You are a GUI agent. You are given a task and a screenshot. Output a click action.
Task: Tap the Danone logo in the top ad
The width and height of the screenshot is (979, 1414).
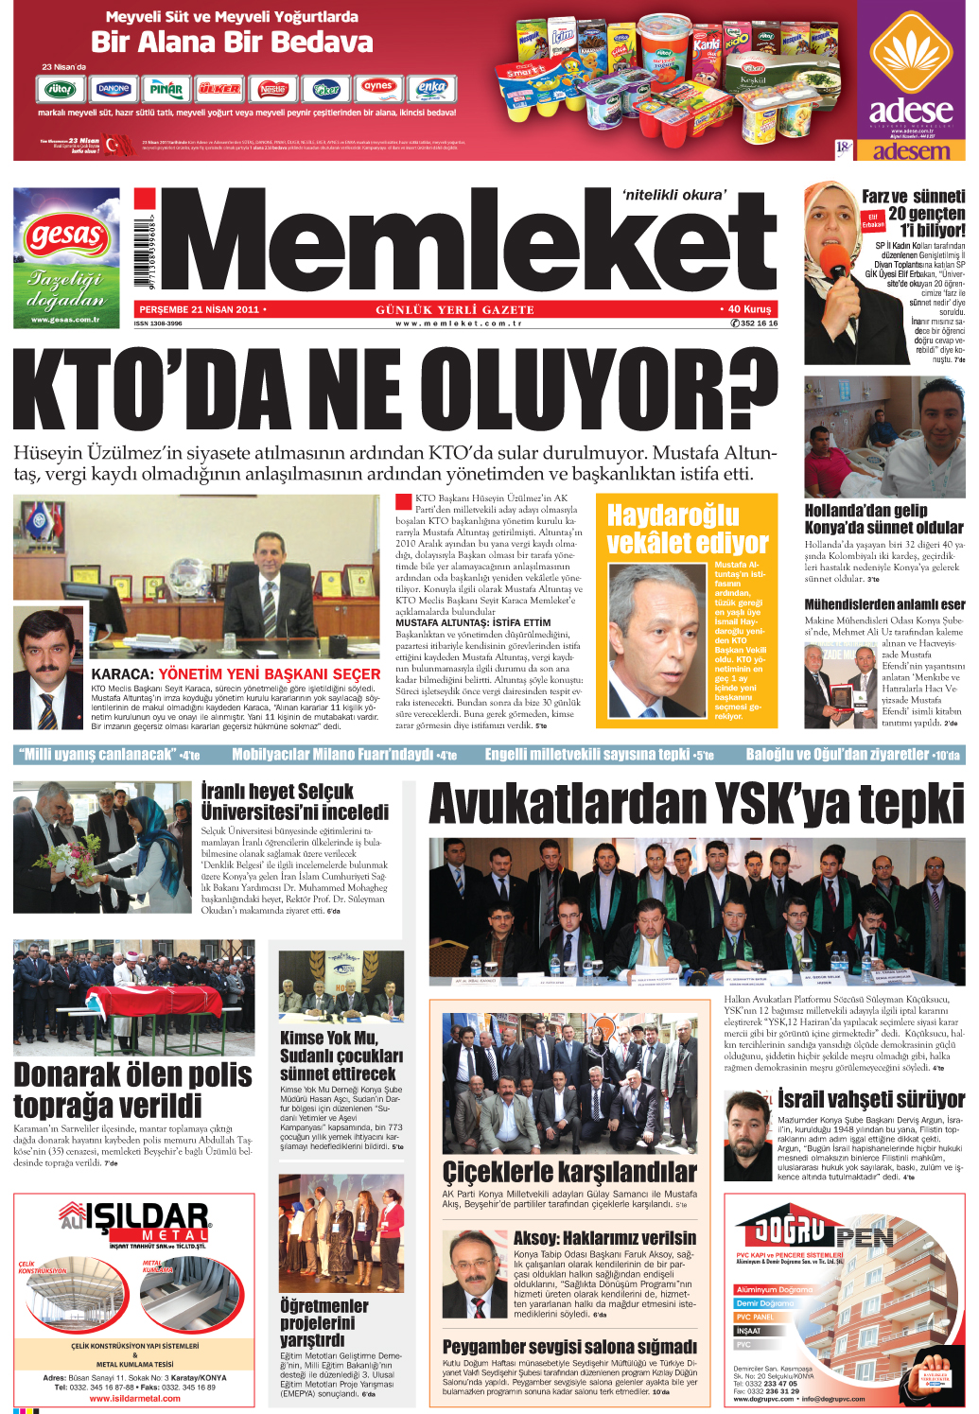click(114, 89)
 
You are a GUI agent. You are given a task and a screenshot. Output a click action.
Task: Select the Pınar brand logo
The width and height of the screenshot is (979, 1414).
click(166, 89)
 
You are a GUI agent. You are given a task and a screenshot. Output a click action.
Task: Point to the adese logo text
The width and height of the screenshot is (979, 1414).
click(911, 110)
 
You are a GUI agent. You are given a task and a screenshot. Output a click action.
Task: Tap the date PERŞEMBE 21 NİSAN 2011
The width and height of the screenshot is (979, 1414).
click(199, 309)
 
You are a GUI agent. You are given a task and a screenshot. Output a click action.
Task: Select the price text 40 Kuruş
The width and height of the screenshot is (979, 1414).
click(749, 309)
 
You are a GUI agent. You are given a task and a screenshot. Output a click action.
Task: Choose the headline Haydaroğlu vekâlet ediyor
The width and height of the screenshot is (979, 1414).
click(688, 529)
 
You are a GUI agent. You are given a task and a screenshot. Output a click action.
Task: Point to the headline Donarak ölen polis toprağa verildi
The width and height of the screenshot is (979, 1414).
click(132, 1090)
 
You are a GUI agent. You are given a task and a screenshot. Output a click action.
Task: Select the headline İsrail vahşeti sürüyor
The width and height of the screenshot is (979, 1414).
click(870, 1099)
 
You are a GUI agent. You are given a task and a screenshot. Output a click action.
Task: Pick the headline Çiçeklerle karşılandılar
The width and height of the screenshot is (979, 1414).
click(569, 1173)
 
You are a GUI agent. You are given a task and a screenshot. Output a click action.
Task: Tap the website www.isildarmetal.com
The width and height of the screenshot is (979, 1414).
click(133, 1398)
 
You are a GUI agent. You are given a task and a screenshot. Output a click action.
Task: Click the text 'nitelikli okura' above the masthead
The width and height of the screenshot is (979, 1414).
click(674, 195)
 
